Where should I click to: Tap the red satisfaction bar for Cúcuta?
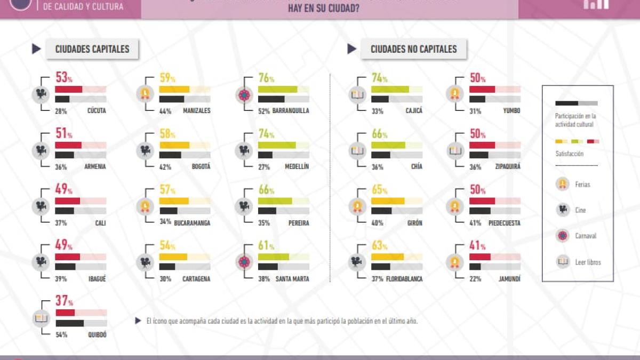tap(69, 89)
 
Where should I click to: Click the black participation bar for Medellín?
tap(265, 155)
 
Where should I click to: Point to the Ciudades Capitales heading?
tap(92, 49)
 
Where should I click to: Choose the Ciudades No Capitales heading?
tap(413, 49)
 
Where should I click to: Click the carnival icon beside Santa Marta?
tap(244, 261)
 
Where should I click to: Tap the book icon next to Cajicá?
tap(357, 94)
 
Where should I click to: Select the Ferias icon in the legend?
tap(563, 184)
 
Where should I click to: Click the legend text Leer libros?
tap(588, 262)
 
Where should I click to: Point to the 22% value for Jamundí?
tap(475, 279)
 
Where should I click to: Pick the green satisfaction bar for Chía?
tap(388, 145)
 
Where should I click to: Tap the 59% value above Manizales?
tap(166, 78)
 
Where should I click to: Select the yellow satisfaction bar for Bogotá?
tap(174, 145)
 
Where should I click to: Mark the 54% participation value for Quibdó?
tap(61, 335)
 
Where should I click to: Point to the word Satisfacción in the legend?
tap(569, 154)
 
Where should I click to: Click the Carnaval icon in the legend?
tap(563, 236)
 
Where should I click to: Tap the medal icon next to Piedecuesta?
tap(454, 205)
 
